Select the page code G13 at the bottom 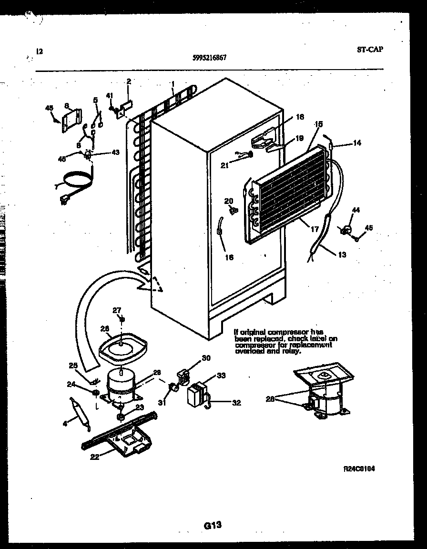tap(213, 525)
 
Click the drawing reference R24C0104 tap(359, 468)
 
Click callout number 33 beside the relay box tap(221, 375)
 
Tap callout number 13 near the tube tap(342, 254)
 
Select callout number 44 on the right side tap(356, 210)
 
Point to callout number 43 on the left tap(115, 152)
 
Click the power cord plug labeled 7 tap(63, 201)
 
